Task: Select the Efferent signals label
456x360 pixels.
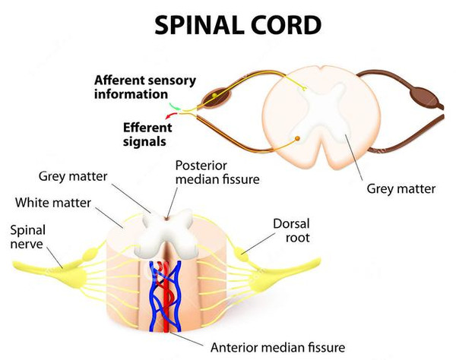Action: [148, 134]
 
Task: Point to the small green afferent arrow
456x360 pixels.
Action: [175, 105]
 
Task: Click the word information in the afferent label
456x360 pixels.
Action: [129, 94]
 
